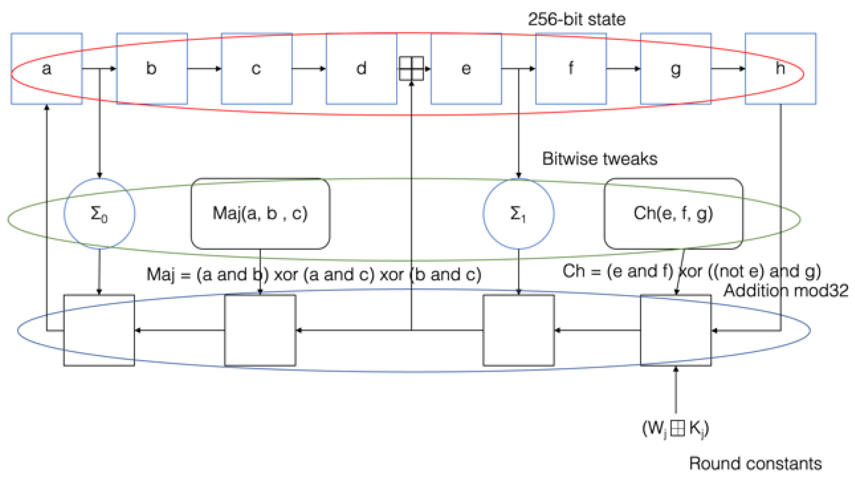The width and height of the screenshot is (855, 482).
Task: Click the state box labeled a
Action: pos(46,69)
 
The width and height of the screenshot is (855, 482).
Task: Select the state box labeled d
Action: pos(361,69)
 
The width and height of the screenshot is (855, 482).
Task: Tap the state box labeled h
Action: pos(780,69)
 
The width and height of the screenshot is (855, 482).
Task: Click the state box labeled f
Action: pos(571,69)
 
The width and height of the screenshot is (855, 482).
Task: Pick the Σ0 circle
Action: pos(99,213)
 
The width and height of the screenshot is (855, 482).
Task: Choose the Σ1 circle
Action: pos(518,213)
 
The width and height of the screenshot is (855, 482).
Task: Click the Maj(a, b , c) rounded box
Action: pos(260,213)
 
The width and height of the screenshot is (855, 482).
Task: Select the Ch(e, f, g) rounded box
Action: pos(673,213)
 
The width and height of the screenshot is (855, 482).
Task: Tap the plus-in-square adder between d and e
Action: pos(411,69)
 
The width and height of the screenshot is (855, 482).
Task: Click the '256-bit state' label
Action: pos(576,19)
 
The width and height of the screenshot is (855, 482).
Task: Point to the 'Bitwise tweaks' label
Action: pos(599,159)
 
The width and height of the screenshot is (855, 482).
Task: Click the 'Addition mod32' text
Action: pos(786,291)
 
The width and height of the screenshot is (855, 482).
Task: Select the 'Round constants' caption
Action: pos(755,464)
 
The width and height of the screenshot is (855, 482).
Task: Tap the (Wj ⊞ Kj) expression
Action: pos(675,428)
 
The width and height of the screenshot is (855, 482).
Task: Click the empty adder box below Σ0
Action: pos(99,330)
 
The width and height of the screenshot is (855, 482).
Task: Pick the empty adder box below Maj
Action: pos(260,330)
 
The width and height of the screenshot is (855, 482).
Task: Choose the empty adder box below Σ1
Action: pos(518,330)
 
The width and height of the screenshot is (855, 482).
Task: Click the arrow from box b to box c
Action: pos(204,69)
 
